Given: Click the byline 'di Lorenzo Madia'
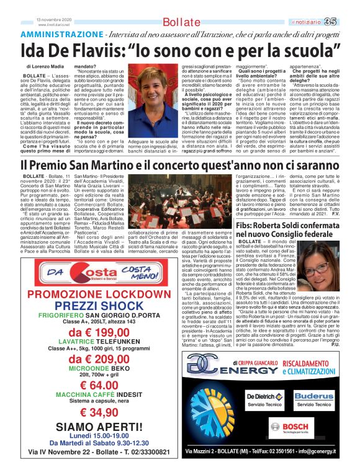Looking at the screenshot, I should click(x=47, y=66).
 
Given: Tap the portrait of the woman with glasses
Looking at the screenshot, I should click(x=319, y=268).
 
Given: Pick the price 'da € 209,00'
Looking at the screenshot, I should click(x=92, y=360).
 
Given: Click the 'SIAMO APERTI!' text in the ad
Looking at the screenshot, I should click(x=92, y=427).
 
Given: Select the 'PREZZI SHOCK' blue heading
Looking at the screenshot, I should click(x=92, y=305).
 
